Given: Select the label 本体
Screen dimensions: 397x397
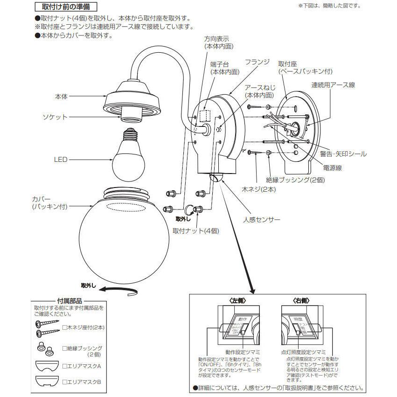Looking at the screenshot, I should pos(61,96).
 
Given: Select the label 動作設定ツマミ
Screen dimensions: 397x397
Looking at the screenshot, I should pos(243,351).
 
